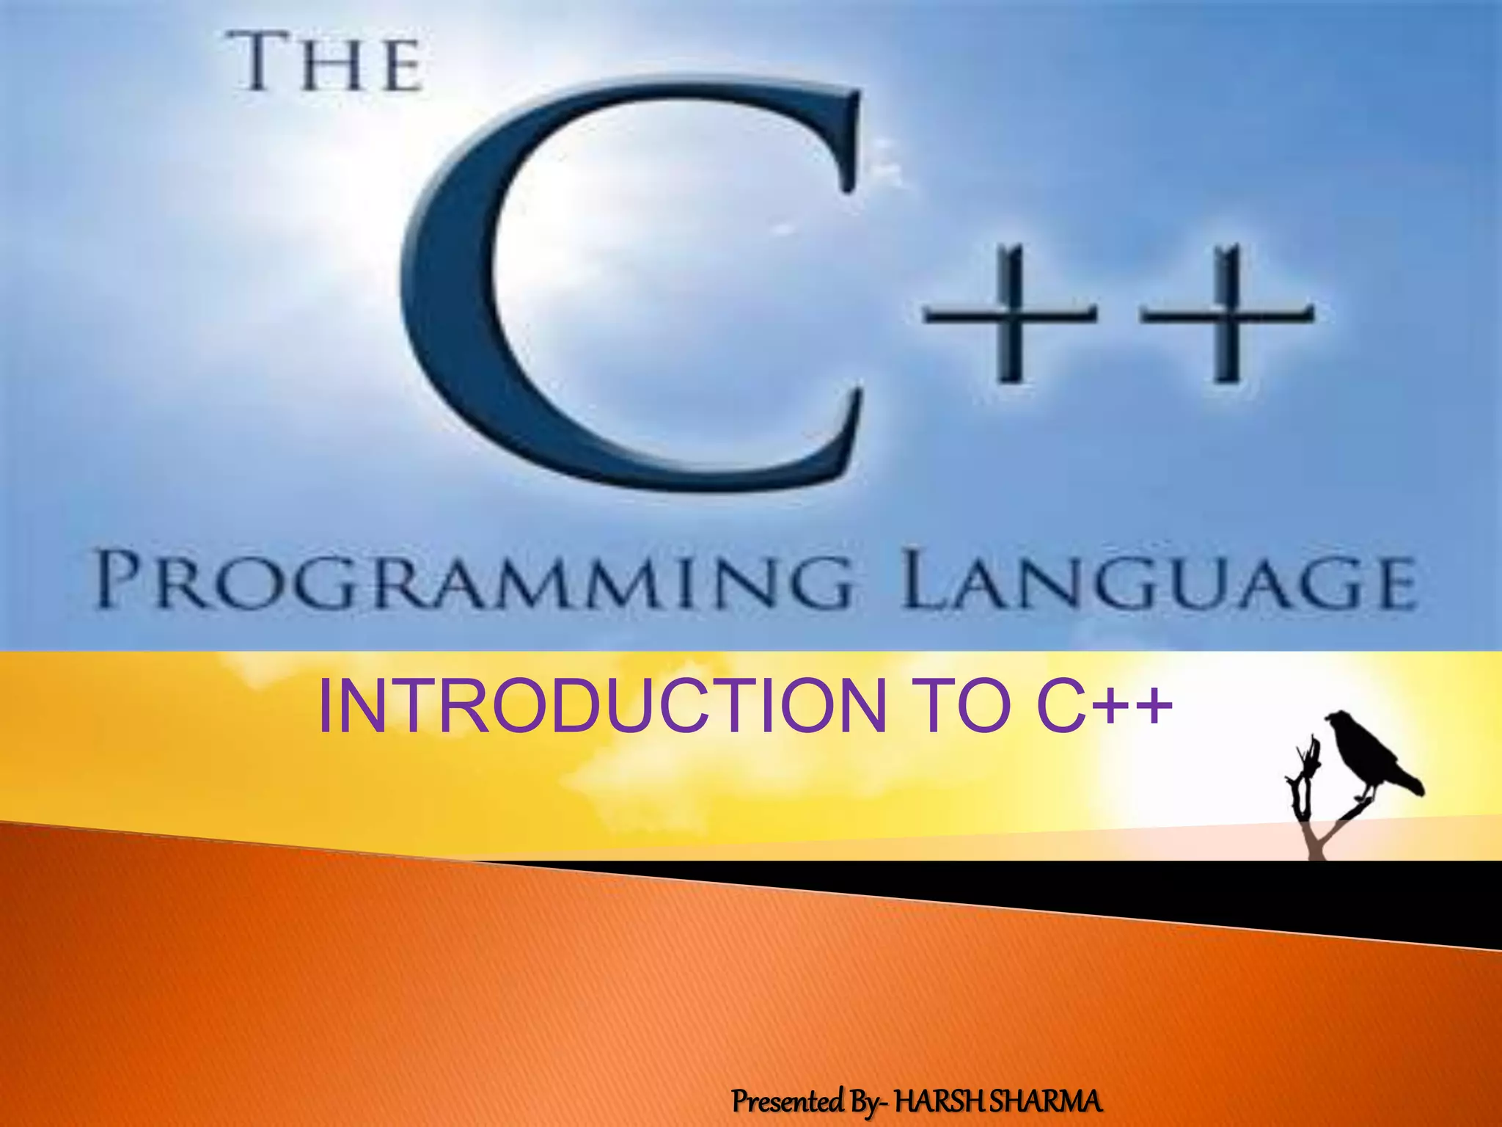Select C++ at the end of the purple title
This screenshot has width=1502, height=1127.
(1100, 706)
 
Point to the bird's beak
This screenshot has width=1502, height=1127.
(1329, 720)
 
